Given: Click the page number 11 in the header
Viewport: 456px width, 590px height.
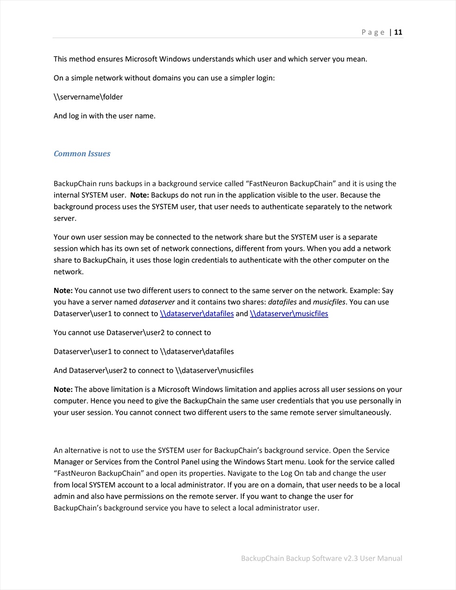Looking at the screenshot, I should pos(398,32).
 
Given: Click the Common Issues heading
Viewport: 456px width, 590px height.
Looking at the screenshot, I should pos(82,154).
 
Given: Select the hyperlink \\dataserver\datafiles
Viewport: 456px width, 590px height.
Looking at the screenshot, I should pos(197,314).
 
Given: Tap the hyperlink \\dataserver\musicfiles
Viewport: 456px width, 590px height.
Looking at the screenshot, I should pos(289,314).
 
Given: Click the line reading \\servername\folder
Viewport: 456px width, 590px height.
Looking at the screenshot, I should pos(88,97).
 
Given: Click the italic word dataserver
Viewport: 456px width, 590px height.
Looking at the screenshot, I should pos(157,302).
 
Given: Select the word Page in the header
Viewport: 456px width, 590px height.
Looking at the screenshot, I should pos(373,32).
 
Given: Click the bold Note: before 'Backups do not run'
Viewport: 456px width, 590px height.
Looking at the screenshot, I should pos(139,195).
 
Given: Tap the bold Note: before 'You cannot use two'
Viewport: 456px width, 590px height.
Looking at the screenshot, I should pos(63,291).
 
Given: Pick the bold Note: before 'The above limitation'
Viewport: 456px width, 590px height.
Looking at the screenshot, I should pos(63,389).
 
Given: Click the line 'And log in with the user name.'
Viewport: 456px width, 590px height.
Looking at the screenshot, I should pos(105,116).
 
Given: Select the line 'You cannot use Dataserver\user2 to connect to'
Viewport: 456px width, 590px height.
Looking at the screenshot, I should pos(132,332).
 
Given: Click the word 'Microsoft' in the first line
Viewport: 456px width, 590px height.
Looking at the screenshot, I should pos(141,59).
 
